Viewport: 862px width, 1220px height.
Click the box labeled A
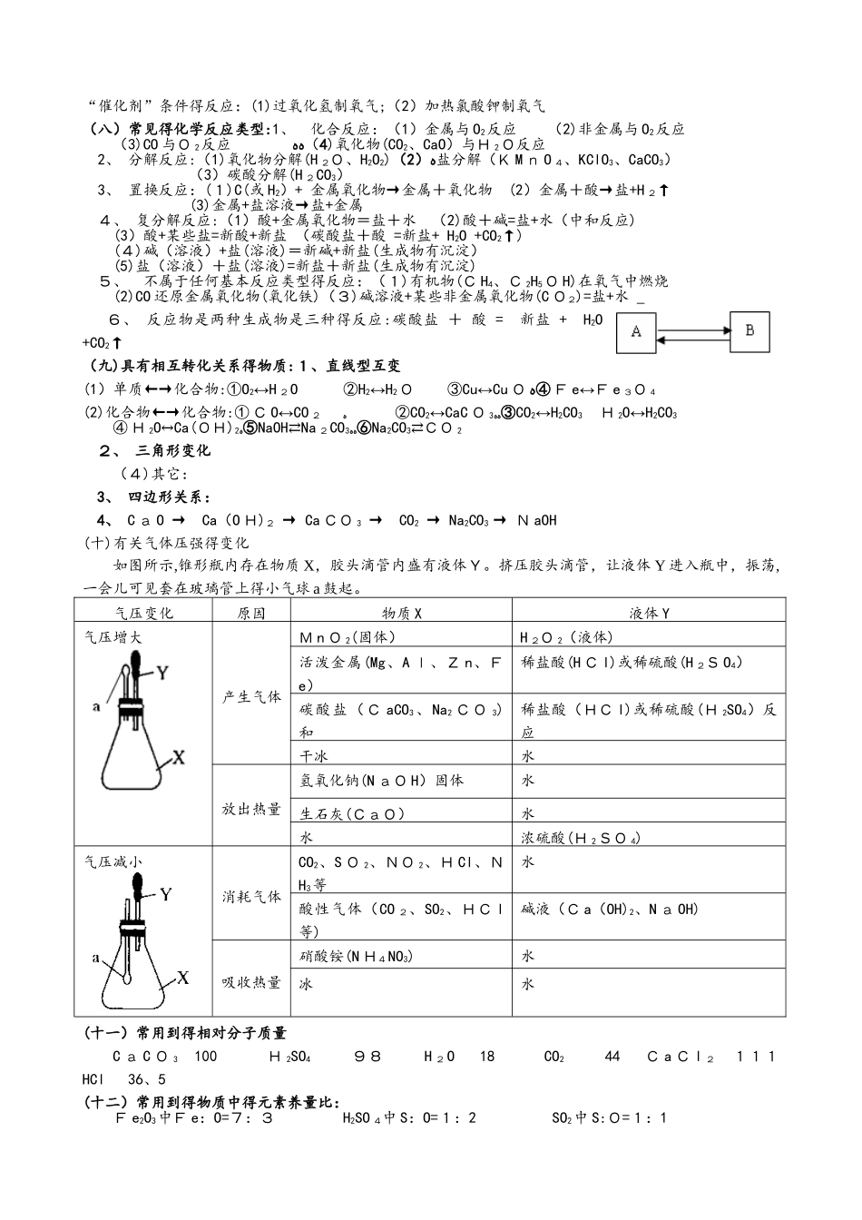point(637,332)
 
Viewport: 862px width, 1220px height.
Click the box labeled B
point(749,331)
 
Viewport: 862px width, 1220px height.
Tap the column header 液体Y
point(648,614)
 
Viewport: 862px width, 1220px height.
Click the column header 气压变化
point(143,614)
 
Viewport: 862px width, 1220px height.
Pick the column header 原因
point(251,614)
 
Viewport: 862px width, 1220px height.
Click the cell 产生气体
point(251,697)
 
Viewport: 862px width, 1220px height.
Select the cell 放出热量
point(251,809)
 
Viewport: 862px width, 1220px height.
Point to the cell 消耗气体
point(251,897)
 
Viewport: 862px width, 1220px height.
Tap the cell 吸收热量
point(251,982)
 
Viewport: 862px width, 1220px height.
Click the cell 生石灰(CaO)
point(352,814)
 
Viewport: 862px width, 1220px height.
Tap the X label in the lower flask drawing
point(182,978)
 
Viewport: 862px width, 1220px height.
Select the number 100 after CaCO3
point(205,1057)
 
